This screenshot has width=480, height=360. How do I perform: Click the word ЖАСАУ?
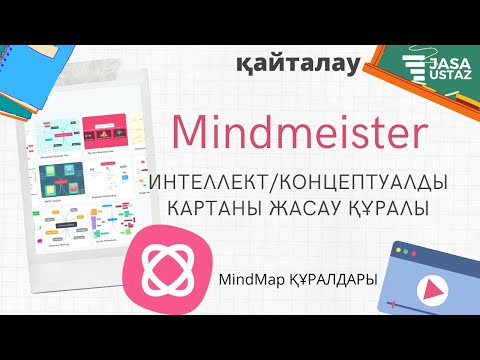coord(310,212)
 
